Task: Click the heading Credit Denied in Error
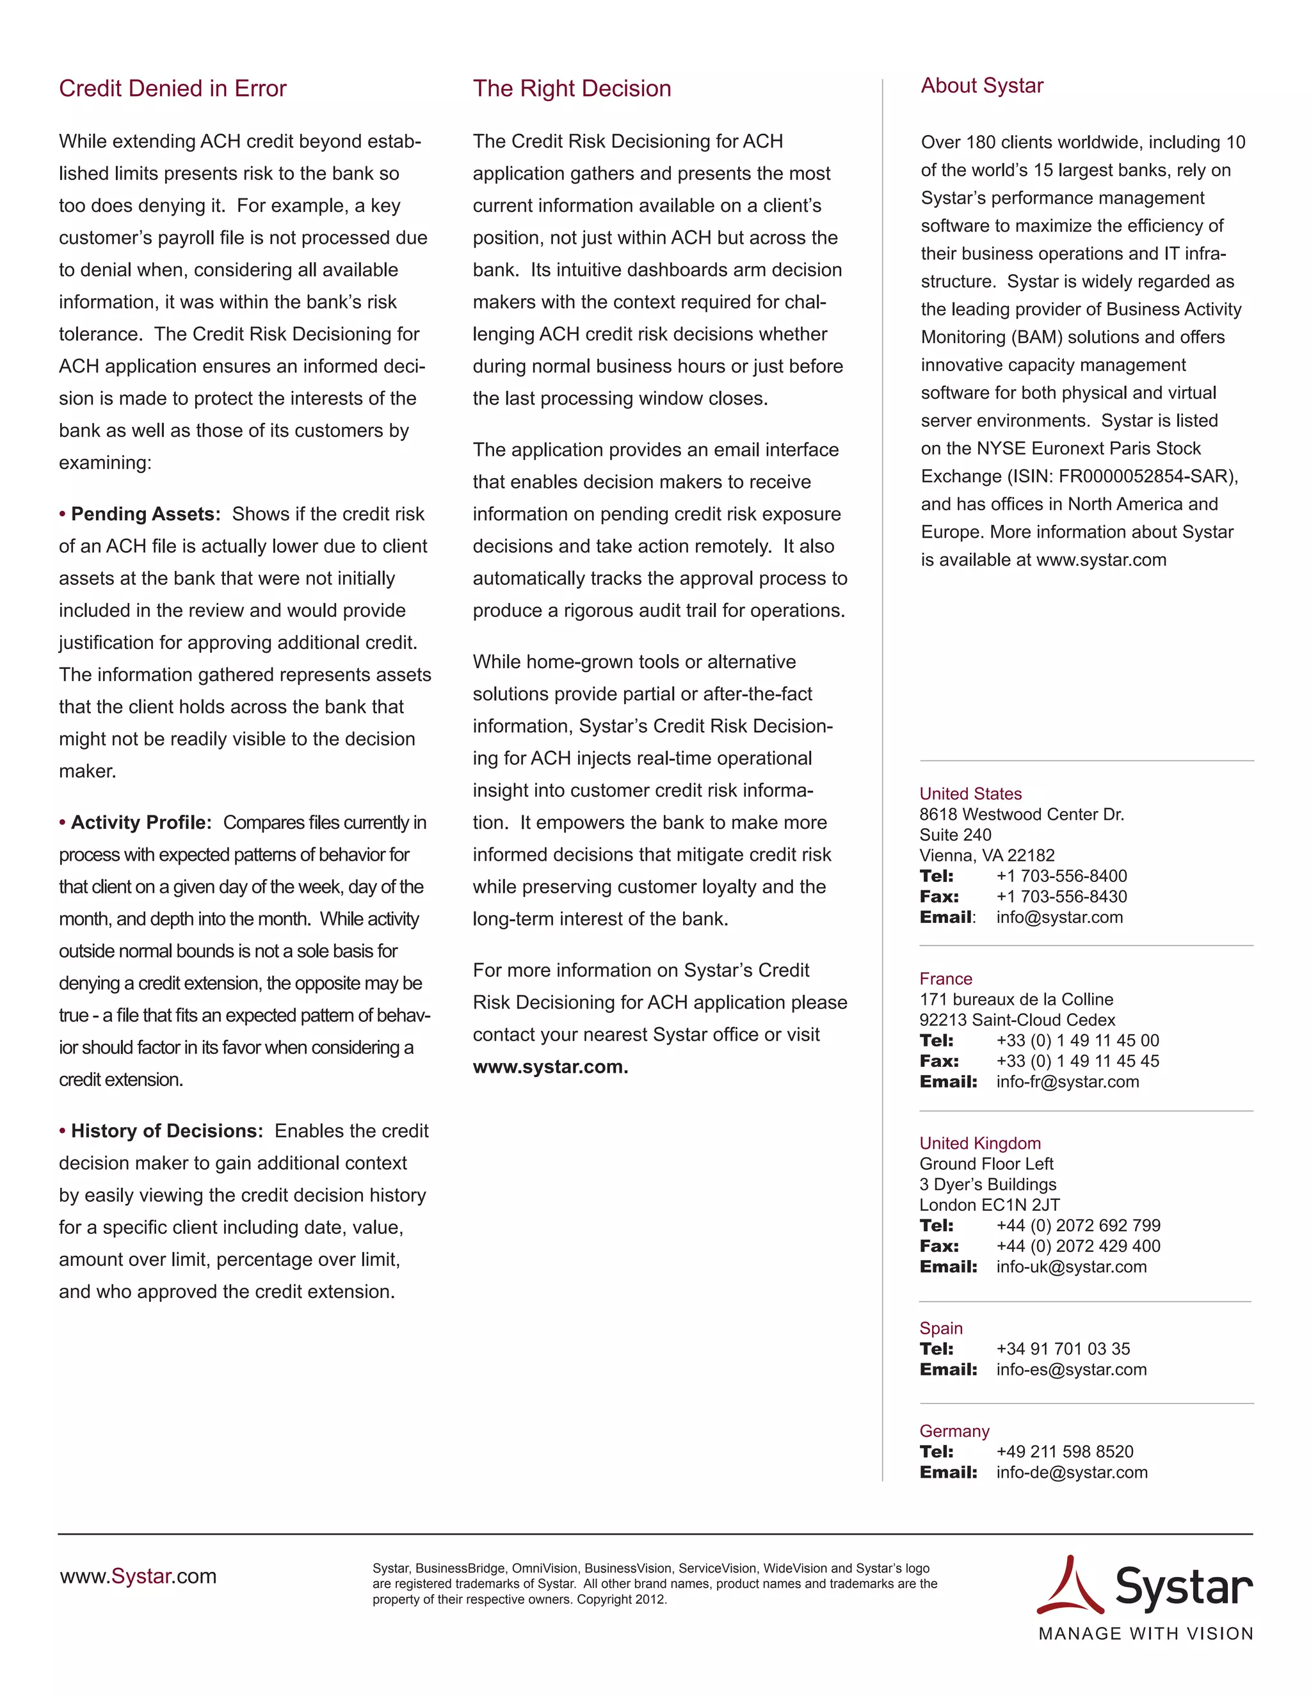172,88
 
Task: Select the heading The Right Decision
572,88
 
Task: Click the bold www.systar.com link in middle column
550,1066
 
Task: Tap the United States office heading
970,794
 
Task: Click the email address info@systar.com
1059,917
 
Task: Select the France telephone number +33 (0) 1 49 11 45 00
1077,1041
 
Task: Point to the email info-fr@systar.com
1067,1082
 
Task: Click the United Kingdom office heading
979,1143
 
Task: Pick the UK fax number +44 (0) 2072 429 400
1078,1245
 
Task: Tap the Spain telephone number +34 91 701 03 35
1063,1349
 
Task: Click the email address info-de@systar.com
1072,1473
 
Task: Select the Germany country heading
954,1431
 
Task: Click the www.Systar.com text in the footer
138,1576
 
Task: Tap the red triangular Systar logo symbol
1070,1586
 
